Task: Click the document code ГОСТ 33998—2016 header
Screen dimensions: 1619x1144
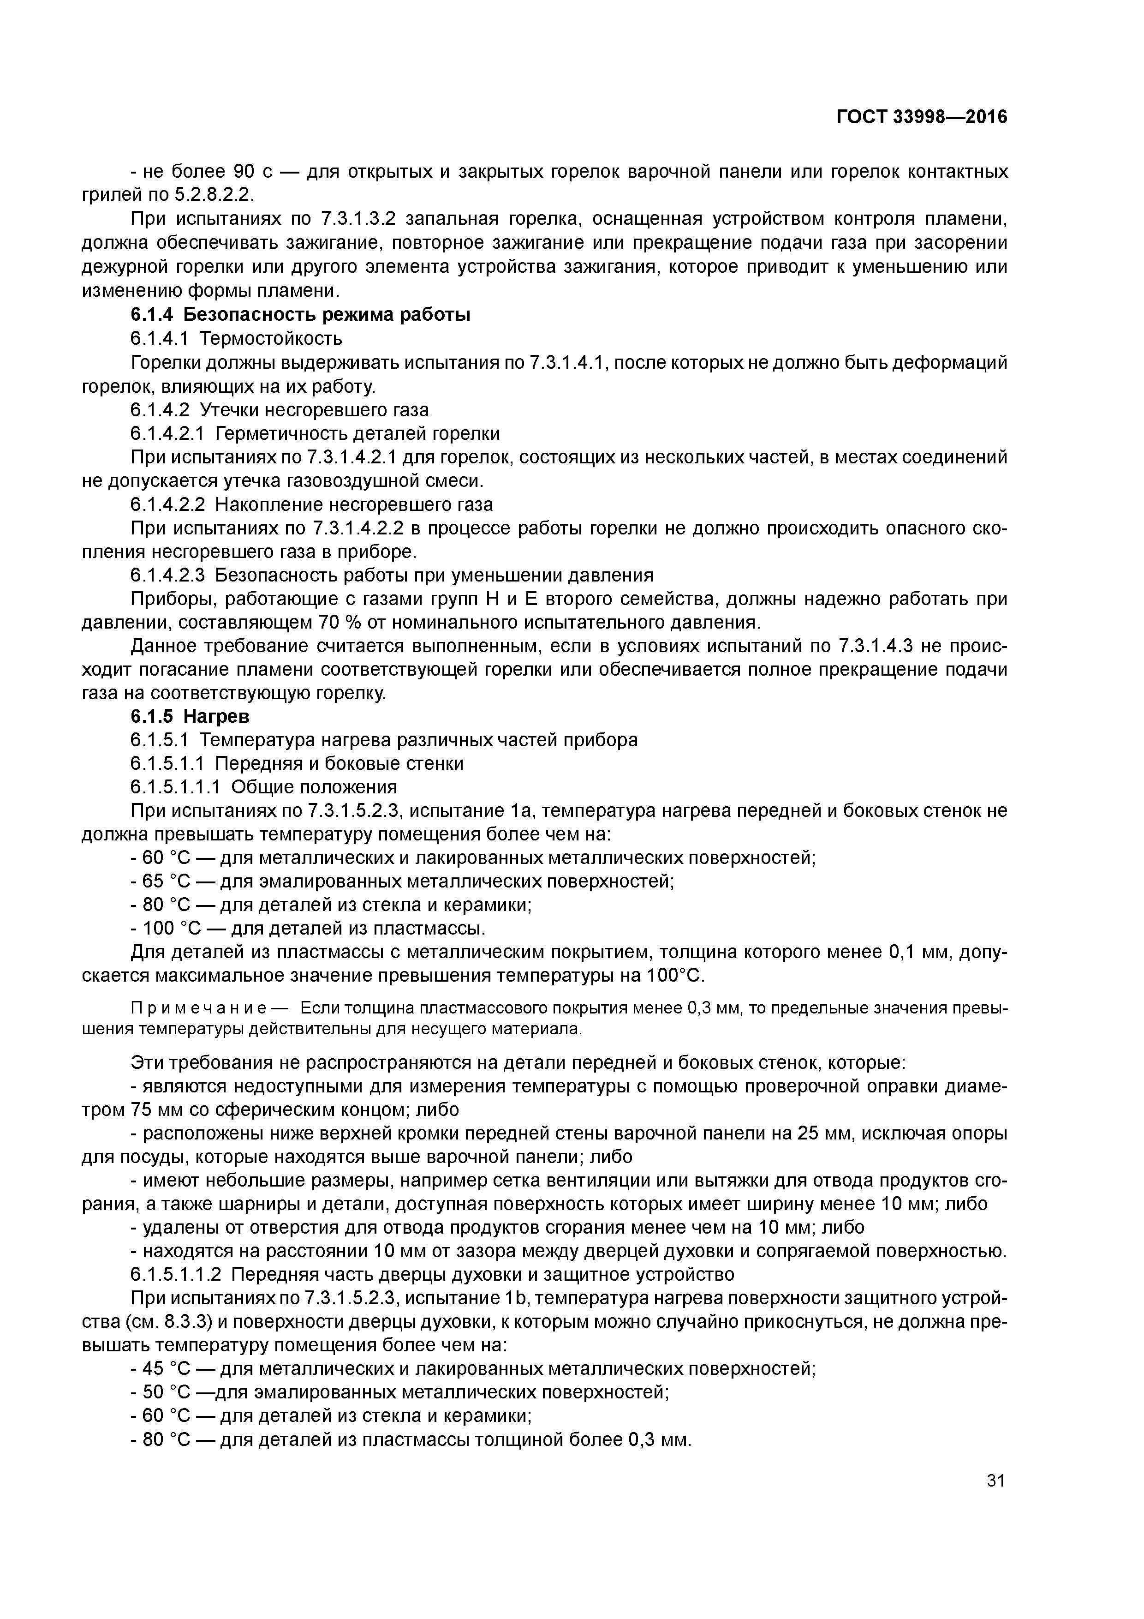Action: [x=921, y=117]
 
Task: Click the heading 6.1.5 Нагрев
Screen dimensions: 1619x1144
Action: [x=191, y=716]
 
